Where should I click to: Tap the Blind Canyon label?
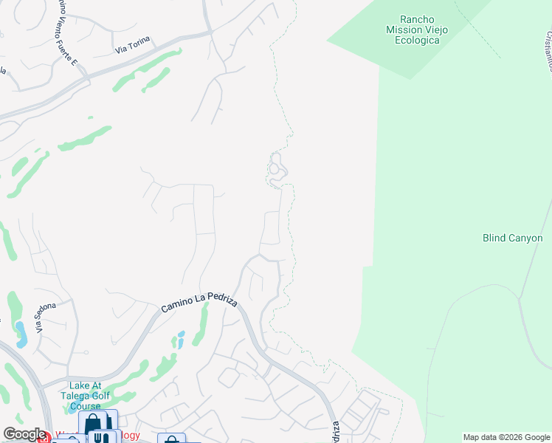(x=512, y=238)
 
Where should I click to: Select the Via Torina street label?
(x=132, y=49)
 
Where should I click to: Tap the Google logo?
(x=24, y=435)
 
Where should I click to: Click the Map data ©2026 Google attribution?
(x=506, y=437)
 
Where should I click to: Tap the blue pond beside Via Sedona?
(x=21, y=336)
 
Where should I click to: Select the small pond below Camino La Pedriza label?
(x=179, y=340)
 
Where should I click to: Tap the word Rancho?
(x=418, y=19)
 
